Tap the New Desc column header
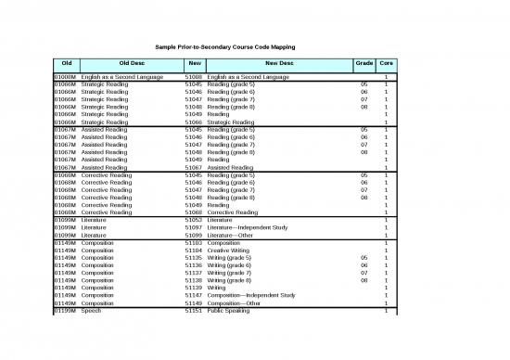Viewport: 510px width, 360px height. [278, 62]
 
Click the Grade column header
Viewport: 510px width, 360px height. [364, 62]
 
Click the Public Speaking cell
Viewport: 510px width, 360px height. [226, 310]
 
